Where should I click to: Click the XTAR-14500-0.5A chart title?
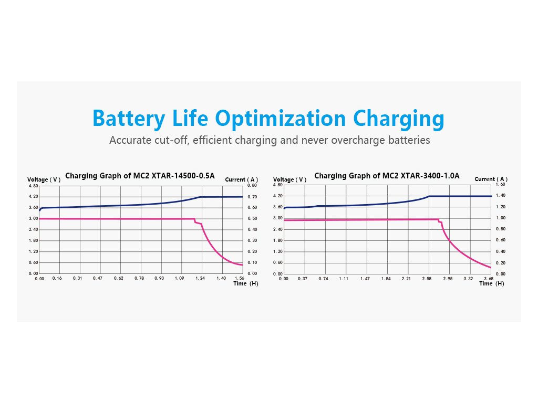(140, 176)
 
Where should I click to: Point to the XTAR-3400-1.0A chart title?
(387, 176)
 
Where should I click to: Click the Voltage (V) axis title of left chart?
(44, 180)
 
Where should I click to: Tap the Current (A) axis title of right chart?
(491, 179)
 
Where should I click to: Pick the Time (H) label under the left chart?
(246, 283)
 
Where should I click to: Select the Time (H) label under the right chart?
(491, 284)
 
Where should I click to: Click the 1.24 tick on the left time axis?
(200, 278)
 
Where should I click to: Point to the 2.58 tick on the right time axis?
(427, 279)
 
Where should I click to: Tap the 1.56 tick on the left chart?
(240, 278)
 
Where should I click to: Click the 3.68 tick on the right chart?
(488, 279)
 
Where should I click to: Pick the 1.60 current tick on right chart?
(500, 185)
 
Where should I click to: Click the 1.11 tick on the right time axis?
(344, 279)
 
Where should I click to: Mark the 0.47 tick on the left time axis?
(98, 278)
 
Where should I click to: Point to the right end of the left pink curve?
(242, 265)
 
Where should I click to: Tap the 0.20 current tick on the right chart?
(500, 263)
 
